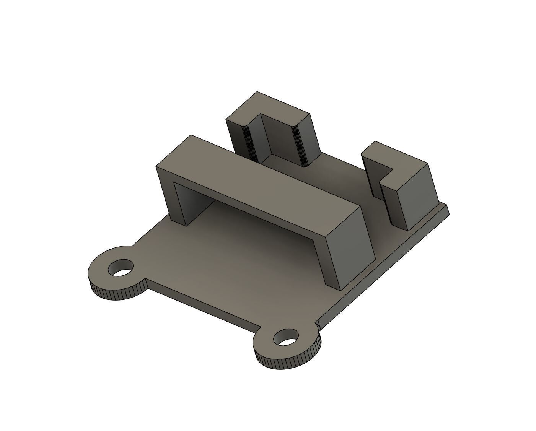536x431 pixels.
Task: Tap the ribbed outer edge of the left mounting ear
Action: click(115, 294)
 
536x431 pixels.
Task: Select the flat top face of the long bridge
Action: click(260, 180)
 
